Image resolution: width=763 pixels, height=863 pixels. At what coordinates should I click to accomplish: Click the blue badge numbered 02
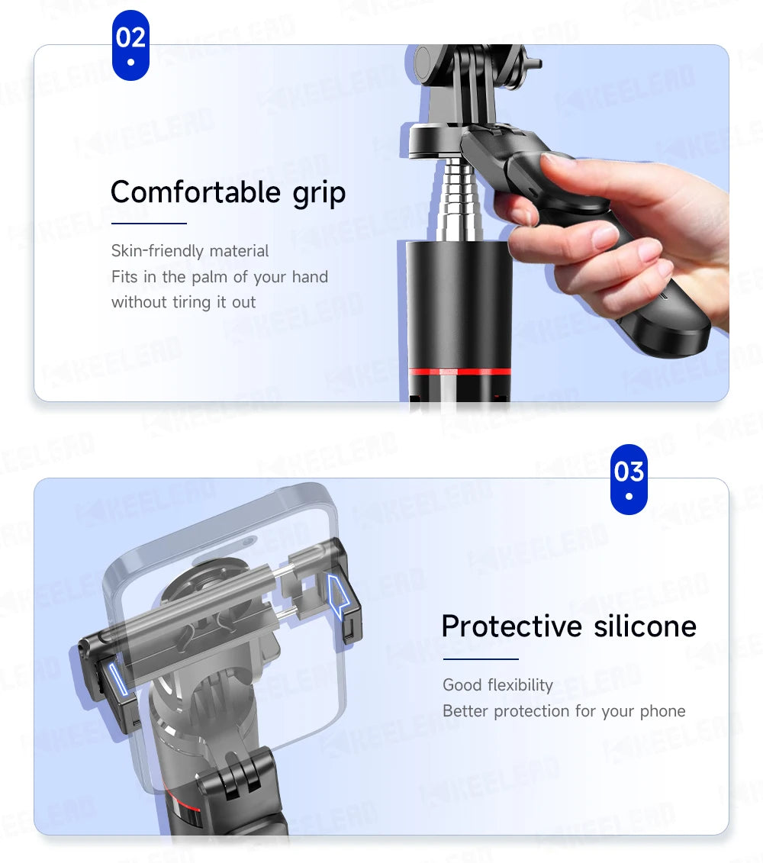[x=130, y=45]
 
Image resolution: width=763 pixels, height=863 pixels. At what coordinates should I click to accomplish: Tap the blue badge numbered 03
[x=629, y=478]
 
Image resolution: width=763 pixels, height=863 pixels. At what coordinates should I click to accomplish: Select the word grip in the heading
[x=319, y=193]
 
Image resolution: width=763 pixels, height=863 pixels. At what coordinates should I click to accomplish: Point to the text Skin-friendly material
[x=190, y=251]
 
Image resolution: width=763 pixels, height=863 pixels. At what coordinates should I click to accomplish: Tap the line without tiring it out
[x=183, y=302]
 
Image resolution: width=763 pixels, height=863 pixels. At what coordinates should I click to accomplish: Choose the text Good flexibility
[x=497, y=685]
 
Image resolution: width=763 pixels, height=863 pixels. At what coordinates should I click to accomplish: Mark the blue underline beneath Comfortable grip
[x=149, y=224]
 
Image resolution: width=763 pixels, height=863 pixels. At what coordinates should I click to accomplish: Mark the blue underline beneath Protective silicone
[x=480, y=659]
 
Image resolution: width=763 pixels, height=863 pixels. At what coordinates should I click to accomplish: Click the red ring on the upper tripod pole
[x=459, y=372]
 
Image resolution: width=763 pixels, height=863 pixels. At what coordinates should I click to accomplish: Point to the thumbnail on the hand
[x=560, y=161]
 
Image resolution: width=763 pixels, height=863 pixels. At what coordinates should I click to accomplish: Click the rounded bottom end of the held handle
[x=675, y=339]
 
